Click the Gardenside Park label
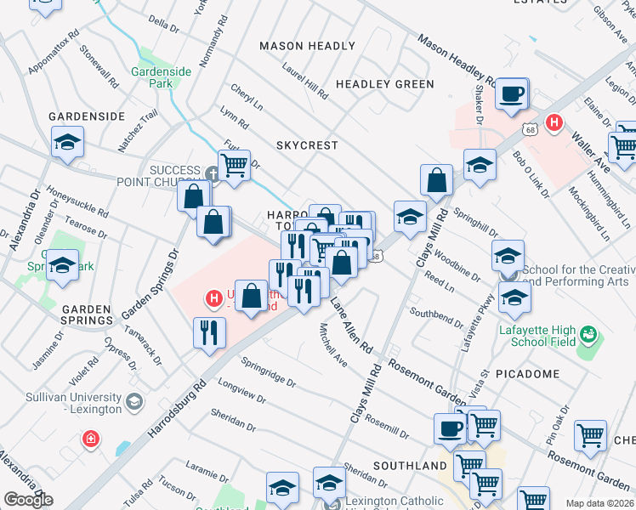click(161, 78)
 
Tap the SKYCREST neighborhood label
click(307, 145)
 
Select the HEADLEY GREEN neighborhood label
click(384, 84)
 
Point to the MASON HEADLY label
click(307, 46)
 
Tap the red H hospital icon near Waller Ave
click(554, 123)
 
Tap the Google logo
click(28, 500)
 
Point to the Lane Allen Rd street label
click(353, 326)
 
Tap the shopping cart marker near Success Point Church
click(234, 163)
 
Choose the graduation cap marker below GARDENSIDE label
click(67, 144)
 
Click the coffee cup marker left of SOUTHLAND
click(450, 428)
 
